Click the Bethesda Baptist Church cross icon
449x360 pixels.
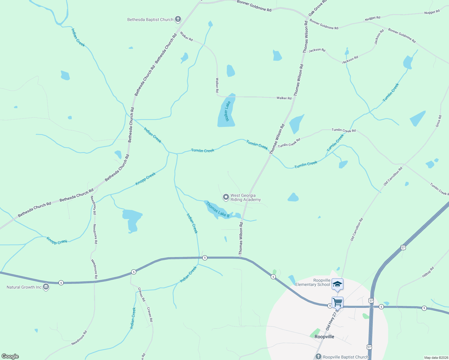point(178,19)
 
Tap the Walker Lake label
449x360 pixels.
point(228,111)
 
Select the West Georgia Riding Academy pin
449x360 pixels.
point(226,197)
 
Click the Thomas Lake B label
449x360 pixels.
point(218,210)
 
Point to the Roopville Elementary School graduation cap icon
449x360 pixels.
point(337,284)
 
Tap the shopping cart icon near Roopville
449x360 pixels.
point(337,302)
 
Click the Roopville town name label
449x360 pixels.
point(324,337)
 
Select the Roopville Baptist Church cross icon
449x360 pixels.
point(318,357)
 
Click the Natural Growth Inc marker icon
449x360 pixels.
point(46,287)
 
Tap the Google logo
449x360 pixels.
point(10,356)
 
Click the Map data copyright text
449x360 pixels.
point(436,358)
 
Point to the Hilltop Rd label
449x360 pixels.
point(428,272)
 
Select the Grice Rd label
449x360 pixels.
point(438,121)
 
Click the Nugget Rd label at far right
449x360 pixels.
point(432,12)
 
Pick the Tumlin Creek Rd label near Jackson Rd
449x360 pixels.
point(344,130)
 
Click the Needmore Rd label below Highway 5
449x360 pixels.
point(79,338)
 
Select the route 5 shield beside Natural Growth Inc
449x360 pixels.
point(61,283)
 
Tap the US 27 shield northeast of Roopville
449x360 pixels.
point(403,247)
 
